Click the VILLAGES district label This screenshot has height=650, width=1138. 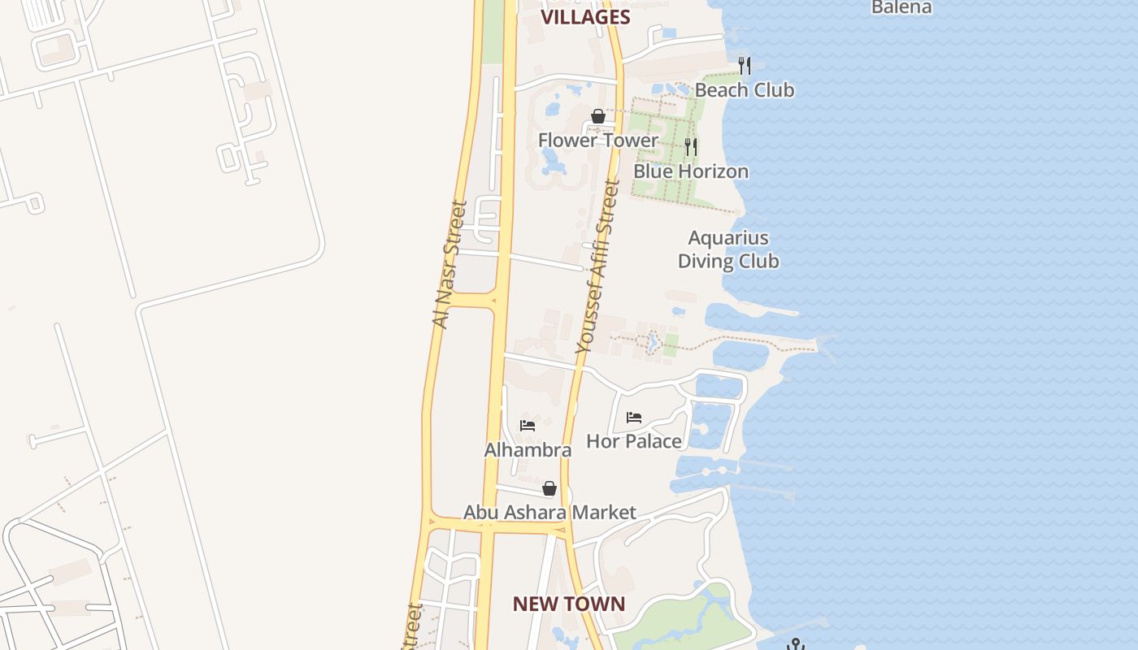(x=585, y=17)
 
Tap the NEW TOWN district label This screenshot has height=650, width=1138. (x=569, y=604)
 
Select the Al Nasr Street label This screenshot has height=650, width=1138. (x=451, y=264)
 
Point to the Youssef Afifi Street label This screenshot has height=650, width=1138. (x=597, y=266)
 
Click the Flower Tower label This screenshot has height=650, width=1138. (x=598, y=140)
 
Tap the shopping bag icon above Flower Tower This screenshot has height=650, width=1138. (x=598, y=116)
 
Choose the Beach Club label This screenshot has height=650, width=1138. (x=745, y=89)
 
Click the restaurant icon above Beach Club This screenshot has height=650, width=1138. (x=745, y=65)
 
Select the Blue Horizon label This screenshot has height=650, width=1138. (x=691, y=171)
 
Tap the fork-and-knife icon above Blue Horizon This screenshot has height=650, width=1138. (x=691, y=147)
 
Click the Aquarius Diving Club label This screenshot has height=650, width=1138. (x=728, y=249)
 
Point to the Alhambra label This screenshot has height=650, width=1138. (x=528, y=449)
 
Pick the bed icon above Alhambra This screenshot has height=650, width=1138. (x=528, y=425)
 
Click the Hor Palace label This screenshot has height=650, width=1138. (x=634, y=441)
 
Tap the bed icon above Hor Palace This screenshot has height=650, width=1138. (x=634, y=418)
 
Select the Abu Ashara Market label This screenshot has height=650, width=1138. (x=549, y=513)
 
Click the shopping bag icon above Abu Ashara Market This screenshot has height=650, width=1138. (x=549, y=488)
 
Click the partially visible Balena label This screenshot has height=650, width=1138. (x=901, y=7)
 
